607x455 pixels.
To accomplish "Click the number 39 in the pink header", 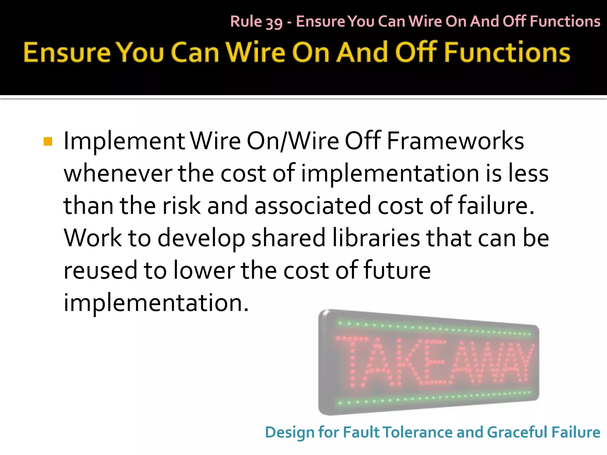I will (x=274, y=23).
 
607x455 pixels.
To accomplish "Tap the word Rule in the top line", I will (x=246, y=21).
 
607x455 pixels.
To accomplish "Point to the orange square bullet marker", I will (x=48, y=142).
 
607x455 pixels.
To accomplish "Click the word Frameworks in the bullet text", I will (x=455, y=141).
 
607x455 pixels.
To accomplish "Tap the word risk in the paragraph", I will (x=181, y=206).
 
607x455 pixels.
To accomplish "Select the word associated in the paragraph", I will (x=312, y=206).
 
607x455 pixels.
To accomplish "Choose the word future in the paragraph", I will (x=397, y=270).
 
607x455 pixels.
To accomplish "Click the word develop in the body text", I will (x=201, y=239).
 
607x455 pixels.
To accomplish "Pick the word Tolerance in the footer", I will (x=418, y=432).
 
